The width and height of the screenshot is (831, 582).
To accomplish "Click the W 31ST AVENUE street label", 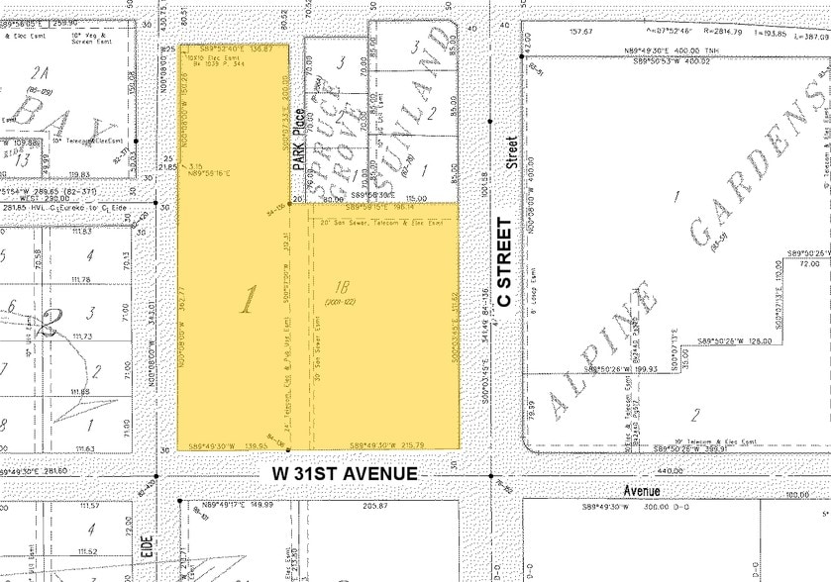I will (344, 474).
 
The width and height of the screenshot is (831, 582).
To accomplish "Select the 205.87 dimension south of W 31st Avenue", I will (375, 506).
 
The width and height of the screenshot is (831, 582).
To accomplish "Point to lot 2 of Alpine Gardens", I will (695, 415).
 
